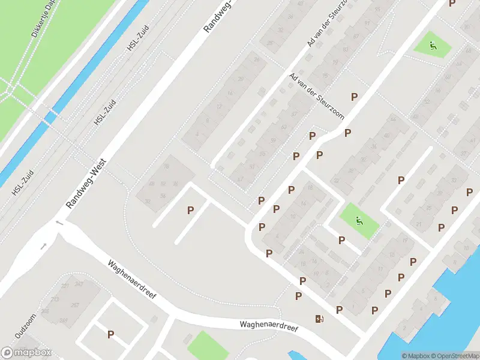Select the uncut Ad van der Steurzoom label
click(316, 96)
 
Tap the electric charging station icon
click(318, 319)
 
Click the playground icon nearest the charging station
click(359, 221)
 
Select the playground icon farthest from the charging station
click(433, 44)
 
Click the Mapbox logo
click(27, 352)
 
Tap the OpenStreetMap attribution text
click(455, 356)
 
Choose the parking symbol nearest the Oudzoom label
click(110, 334)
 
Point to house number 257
click(74, 305)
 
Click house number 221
click(65, 286)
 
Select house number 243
click(79, 284)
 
